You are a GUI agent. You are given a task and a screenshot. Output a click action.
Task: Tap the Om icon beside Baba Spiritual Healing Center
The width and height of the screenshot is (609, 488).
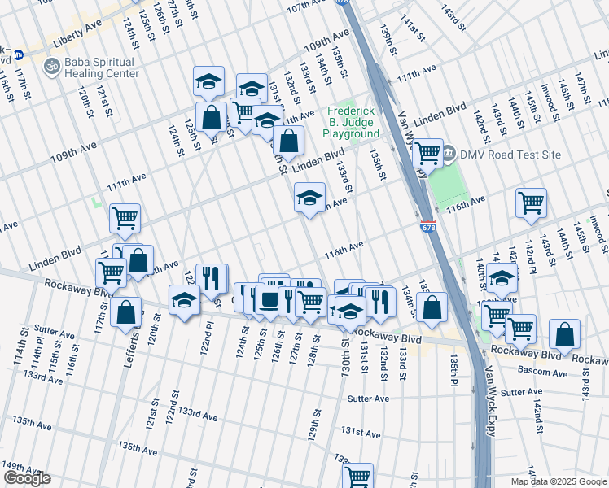(x=52, y=65)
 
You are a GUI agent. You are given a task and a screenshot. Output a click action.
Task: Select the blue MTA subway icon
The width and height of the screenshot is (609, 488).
(x=17, y=54)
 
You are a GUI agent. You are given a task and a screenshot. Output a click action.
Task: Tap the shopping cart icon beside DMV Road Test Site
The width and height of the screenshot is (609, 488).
(x=427, y=153)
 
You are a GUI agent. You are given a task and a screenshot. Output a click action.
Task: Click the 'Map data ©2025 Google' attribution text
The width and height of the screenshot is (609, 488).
(x=559, y=481)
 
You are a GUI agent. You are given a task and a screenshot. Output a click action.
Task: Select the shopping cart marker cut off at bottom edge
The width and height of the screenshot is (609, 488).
(x=357, y=476)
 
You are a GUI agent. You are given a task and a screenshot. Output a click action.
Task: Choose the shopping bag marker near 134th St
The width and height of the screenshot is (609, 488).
(x=433, y=307)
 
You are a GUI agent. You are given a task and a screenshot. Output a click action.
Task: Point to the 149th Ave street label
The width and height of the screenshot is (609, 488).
(x=20, y=466)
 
